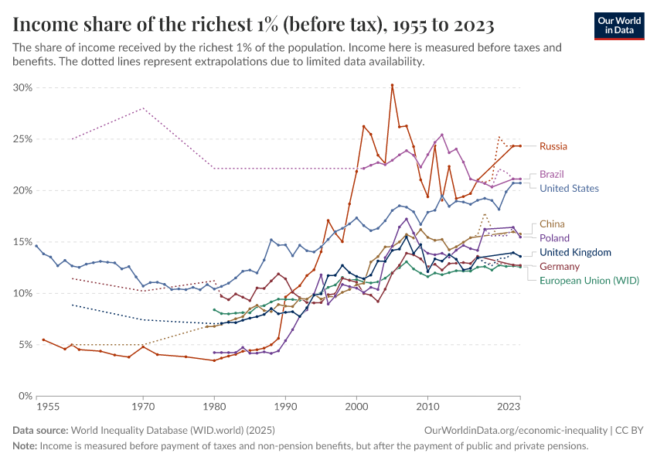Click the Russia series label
click(553, 146)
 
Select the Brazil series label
click(553, 175)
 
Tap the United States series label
click(569, 189)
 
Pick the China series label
click(552, 224)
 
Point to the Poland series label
click(554, 238)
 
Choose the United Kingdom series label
click(575, 252)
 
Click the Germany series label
click(560, 267)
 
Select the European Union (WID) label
click(589, 281)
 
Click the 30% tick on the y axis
click(22, 88)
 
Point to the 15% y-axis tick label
click(22, 242)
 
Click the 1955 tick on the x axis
click(36, 405)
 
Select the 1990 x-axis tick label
click(285, 405)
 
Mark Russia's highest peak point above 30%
click(392, 85)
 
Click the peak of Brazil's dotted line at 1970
click(143, 108)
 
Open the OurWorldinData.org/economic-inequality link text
click(516, 430)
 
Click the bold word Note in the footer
click(24, 445)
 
